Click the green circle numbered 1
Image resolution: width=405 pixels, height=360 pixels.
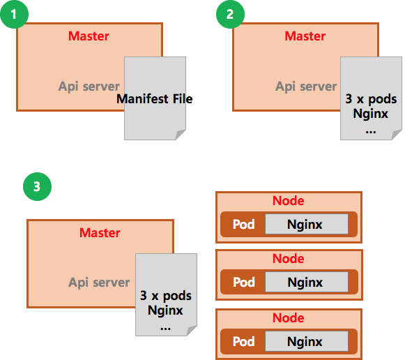14,14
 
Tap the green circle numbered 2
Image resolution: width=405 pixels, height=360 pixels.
230,14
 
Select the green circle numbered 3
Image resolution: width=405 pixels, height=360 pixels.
37,186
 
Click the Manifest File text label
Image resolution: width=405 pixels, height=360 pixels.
155,99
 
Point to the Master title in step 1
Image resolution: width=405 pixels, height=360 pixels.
89,36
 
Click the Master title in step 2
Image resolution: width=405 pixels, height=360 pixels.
305,36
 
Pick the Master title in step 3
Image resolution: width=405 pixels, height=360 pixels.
100,233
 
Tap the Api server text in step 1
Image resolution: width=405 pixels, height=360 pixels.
89,87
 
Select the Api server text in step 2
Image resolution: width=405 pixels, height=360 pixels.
306,87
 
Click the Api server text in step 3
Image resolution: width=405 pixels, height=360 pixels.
99,283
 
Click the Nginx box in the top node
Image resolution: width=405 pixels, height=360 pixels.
307,224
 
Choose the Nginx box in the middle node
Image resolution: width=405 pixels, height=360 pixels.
307,282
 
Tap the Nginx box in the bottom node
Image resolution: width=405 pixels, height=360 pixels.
307,341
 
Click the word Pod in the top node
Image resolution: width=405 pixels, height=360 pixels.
243,225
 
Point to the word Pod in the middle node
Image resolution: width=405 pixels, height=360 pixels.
243,283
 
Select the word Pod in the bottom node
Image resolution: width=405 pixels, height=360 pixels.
243,341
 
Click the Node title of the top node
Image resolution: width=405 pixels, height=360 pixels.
289,201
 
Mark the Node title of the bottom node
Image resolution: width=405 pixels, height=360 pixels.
289,318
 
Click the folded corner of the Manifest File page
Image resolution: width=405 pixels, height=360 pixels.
180,135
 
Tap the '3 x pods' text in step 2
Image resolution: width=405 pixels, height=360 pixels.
371,99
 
